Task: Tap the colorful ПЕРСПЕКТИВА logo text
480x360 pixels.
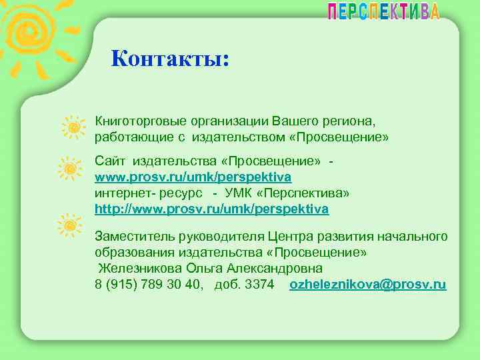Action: [383, 11]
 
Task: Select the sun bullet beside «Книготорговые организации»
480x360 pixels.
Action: [73, 126]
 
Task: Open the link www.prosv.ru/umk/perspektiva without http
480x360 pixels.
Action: [193, 177]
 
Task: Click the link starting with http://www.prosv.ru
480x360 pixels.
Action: [212, 209]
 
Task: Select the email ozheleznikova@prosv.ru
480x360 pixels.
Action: [368, 285]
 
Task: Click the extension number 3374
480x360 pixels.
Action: [260, 285]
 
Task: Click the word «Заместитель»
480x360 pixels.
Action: [128, 237]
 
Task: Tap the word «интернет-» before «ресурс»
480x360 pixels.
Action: [122, 193]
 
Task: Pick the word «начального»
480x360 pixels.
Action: [412, 237]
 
